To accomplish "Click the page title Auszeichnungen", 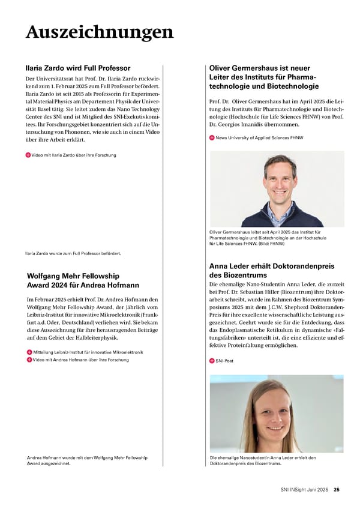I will click(x=100, y=32).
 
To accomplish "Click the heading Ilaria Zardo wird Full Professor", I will click(x=78, y=68).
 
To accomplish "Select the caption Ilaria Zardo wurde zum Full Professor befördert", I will click(x=73, y=253).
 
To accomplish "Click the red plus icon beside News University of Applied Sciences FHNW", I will click(x=212, y=138).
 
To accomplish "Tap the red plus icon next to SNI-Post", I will click(x=212, y=361).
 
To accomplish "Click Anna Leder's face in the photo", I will click(x=265, y=418).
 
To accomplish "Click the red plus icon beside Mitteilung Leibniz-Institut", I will click(x=29, y=352).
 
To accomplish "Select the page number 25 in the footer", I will click(x=337, y=490).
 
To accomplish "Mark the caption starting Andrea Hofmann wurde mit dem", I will click(x=87, y=461).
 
